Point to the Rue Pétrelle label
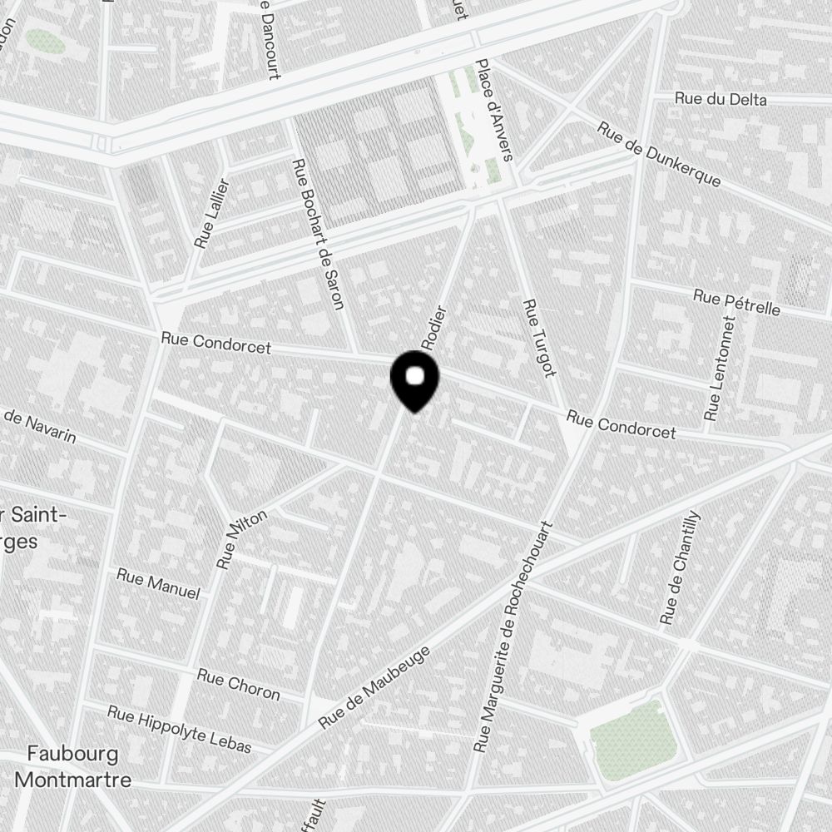pos(736,302)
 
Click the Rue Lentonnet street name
pos(720,367)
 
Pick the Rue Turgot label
pos(538,337)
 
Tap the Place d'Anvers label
pos(494,109)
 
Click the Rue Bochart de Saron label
pos(319,234)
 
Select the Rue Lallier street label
pos(211,214)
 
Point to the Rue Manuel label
pos(158,583)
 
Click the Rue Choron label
pos(238,683)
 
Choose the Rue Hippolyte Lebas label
pos(179,728)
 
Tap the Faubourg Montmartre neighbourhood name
pos(73,766)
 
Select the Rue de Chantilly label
pos(681,568)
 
